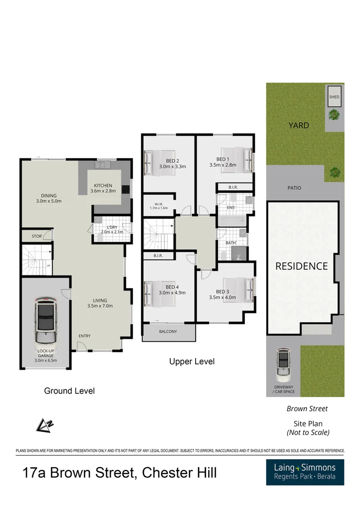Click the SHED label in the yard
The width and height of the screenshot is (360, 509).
coord(334,97)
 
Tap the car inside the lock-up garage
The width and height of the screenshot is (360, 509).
coord(46,323)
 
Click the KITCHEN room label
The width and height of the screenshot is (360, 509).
coord(103,185)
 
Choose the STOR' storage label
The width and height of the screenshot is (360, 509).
coord(37,236)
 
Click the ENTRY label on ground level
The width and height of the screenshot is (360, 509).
coord(84,336)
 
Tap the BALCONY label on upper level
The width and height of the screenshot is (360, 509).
coord(168,332)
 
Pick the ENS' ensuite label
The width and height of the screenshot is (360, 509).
coord(231,207)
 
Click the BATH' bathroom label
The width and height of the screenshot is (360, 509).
coord(231,243)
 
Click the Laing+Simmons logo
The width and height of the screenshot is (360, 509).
coord(305,472)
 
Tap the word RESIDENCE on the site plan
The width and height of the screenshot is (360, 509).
coord(301,266)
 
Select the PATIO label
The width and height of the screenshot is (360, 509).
coord(294,188)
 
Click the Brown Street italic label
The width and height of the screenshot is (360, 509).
coord(307,409)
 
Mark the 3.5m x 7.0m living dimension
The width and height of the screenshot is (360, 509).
coord(99,306)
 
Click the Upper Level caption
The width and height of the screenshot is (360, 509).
coord(192,362)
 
